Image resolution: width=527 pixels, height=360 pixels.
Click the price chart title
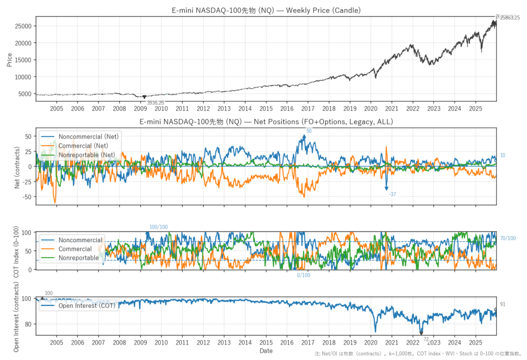[x=266, y=10]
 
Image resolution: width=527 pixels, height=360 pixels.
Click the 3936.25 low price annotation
[x=155, y=103]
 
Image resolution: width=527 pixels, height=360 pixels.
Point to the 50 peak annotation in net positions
[x=309, y=131]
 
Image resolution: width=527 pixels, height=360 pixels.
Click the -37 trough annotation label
[x=393, y=194]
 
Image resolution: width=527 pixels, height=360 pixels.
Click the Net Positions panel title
[x=266, y=122]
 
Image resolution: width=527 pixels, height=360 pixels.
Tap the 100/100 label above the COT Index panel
[x=159, y=227]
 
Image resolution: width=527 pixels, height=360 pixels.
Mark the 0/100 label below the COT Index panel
[x=304, y=275]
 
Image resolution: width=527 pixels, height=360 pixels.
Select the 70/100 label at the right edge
[x=507, y=238]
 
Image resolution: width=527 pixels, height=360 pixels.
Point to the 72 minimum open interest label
[x=426, y=339]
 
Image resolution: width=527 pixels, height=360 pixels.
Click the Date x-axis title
[x=266, y=351]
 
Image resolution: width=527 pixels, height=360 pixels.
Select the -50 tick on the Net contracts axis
[x=26, y=197]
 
